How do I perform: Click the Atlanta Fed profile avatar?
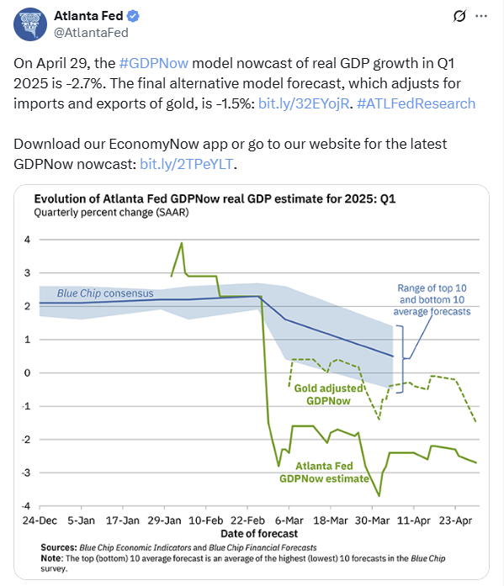30,24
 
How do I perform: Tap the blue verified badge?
133,16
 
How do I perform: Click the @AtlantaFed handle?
91,33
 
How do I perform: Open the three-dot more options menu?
480,16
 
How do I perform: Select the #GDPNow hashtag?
154,63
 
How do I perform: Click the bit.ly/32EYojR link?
304,103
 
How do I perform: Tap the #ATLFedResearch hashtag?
416,103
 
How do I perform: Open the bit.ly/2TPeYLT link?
187,164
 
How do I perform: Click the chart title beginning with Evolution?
215,198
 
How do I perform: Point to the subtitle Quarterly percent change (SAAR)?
111,212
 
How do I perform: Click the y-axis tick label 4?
27,240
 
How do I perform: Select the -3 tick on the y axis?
26,472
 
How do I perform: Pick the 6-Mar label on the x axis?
289,520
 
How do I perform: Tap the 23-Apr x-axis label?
455,520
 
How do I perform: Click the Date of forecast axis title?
259,533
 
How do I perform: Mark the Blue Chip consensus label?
105,293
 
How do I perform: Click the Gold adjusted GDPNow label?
328,394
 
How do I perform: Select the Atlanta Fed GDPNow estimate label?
324,472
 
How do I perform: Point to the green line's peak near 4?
182,243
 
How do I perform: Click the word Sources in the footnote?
58,547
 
